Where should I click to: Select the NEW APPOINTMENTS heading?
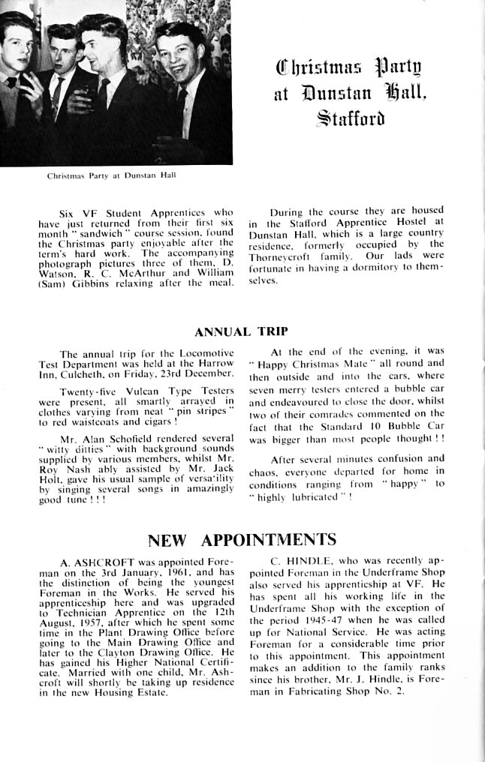click(x=242, y=540)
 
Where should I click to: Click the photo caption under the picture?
click(x=112, y=176)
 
